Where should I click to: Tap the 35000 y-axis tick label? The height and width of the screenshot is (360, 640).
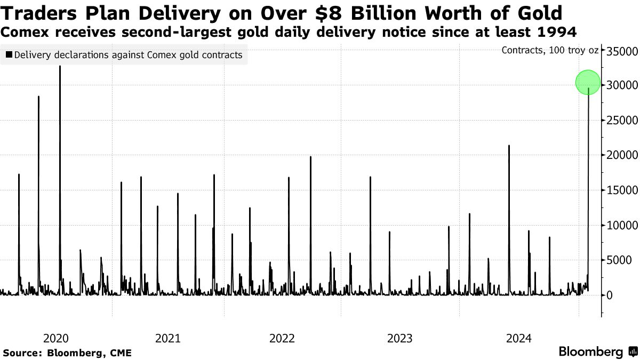621,51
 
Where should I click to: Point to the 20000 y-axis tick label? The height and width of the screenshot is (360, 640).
621,155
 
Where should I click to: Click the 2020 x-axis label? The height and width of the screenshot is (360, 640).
56,338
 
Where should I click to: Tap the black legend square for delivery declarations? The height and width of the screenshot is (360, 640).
9,55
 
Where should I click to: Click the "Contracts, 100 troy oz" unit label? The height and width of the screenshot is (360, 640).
550,51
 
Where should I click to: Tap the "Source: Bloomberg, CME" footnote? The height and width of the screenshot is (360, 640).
67,353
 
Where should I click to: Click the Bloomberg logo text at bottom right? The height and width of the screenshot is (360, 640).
590,352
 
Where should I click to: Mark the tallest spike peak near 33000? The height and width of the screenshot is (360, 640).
60,67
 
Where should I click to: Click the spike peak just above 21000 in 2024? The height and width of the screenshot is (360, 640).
509,146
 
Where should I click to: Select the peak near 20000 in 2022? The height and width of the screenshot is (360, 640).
310,157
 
